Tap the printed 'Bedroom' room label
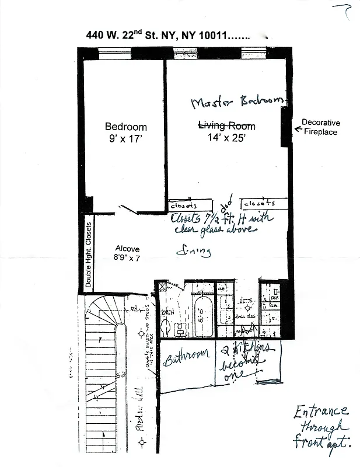[x=125, y=127]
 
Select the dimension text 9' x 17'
[x=125, y=139]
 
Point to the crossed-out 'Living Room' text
[x=227, y=126]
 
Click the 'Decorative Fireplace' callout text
[x=320, y=127]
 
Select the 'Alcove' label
[x=127, y=249]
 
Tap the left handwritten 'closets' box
[x=183, y=206]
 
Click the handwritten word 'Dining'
[x=194, y=252]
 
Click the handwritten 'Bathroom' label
[x=186, y=357]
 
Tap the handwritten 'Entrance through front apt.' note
[x=323, y=426]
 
